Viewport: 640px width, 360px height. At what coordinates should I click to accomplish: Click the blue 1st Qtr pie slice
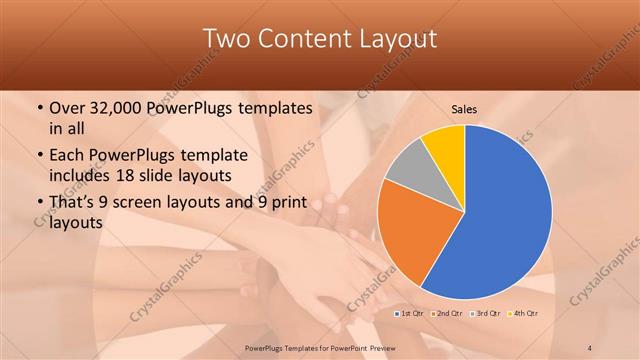[x=505, y=215]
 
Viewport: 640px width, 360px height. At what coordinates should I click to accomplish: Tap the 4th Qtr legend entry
[x=524, y=313]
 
